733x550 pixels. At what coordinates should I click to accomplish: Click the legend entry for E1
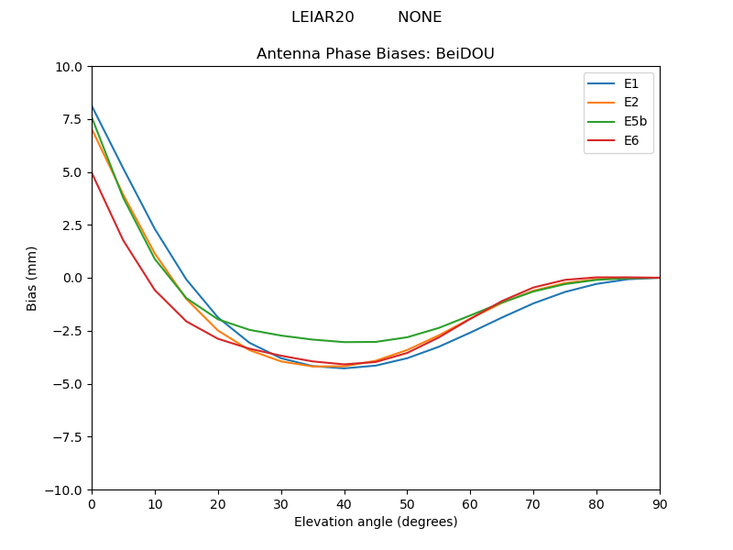(x=632, y=83)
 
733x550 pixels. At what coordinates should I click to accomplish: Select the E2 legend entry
(x=632, y=103)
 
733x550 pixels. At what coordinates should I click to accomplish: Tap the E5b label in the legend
(x=636, y=121)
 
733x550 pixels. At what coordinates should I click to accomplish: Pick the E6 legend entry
(x=632, y=140)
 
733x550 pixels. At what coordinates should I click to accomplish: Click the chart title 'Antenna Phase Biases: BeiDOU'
(x=376, y=54)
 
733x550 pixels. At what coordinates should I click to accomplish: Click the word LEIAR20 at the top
(x=323, y=17)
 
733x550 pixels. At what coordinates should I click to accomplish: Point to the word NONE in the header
(x=420, y=17)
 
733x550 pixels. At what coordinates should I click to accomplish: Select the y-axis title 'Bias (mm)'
(x=32, y=278)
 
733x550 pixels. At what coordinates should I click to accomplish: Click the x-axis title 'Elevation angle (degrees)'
(x=376, y=522)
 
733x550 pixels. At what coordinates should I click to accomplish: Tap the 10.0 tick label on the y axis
(x=68, y=67)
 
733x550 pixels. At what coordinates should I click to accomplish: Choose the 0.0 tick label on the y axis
(x=71, y=278)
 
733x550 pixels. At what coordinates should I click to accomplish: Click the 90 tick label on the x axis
(x=660, y=503)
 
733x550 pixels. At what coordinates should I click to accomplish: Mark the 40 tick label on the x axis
(x=345, y=503)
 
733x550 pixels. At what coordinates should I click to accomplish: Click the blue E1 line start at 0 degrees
(x=93, y=107)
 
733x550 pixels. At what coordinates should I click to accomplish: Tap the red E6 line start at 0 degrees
(x=93, y=173)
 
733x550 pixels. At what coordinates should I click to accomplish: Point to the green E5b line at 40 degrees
(x=345, y=342)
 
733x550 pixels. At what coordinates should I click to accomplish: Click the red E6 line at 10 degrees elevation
(x=155, y=290)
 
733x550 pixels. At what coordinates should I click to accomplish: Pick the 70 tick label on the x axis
(x=533, y=503)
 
